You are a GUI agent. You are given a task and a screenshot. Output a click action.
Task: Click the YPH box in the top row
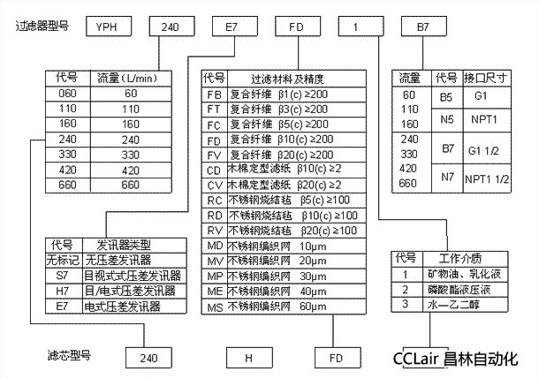point(110,27)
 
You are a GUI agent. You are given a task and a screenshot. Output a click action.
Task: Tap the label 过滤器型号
point(40,27)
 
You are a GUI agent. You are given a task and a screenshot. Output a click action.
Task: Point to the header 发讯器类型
point(123,245)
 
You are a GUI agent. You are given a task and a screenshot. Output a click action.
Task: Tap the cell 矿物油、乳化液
point(452,274)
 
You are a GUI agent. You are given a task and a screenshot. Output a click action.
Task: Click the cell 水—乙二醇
point(452,305)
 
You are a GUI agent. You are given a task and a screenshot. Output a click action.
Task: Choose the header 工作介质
point(452,258)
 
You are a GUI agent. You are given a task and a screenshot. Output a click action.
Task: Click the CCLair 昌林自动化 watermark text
point(467,360)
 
